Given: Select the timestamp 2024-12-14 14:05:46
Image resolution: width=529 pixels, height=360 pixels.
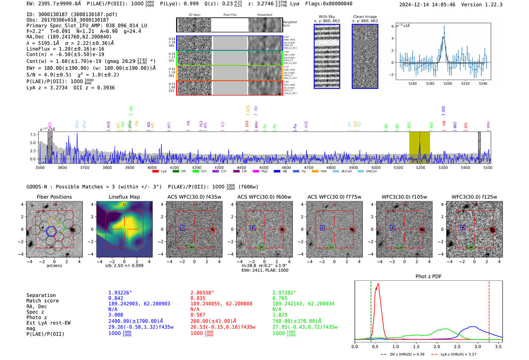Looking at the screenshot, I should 427,5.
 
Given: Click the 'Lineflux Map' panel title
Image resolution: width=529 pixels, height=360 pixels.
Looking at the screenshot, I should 124,197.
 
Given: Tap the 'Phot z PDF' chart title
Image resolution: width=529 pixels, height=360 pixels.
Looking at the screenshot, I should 428,276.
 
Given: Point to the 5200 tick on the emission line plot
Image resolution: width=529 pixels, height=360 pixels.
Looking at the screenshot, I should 448,83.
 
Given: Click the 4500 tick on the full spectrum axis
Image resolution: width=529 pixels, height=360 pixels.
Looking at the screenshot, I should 264,168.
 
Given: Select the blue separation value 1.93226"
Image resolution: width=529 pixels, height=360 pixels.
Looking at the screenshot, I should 120,293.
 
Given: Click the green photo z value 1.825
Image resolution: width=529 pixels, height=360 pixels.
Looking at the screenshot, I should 280,315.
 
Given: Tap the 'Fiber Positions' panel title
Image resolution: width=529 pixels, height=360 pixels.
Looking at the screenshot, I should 54,197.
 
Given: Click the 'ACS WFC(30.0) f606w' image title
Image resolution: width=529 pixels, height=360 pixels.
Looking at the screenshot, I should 264,197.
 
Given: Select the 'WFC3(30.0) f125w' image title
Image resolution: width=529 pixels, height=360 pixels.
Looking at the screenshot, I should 474,197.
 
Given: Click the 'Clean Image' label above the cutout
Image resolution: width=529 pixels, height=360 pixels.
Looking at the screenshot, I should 365,17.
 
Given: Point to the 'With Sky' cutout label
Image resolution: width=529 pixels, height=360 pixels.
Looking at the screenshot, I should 326,17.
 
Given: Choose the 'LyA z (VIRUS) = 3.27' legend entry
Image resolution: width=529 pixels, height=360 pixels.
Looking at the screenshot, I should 458,354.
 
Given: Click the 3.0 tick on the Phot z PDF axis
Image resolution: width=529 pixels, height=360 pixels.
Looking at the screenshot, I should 478,346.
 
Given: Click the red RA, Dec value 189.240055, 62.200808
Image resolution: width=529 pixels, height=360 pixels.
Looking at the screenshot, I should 221,304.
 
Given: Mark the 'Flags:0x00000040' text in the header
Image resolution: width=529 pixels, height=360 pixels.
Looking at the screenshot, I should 329,4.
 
